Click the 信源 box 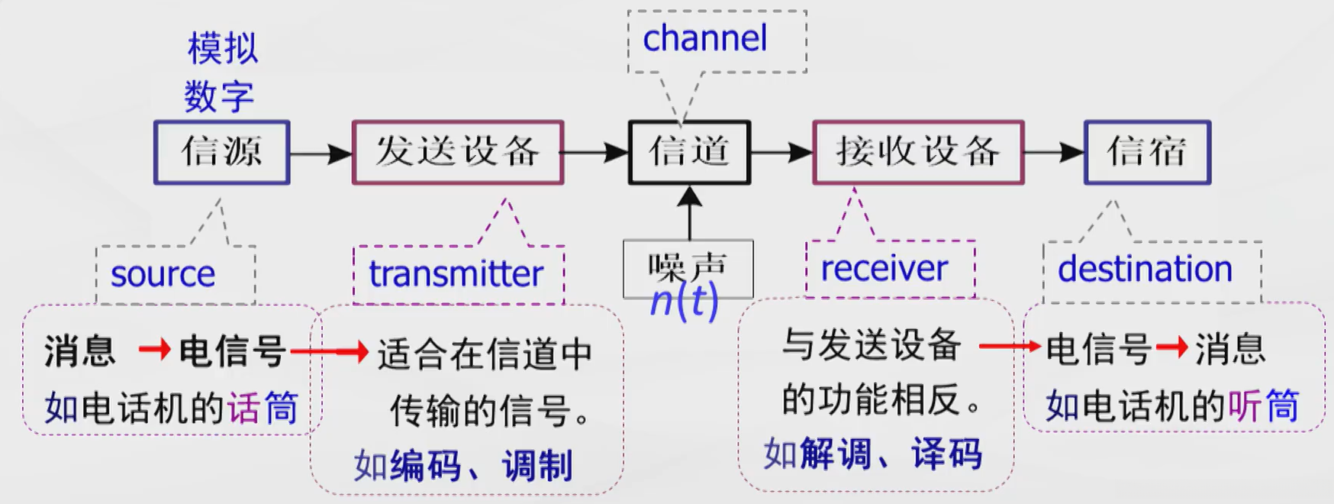click(x=221, y=152)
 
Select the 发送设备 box click(x=457, y=152)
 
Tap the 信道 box click(x=689, y=152)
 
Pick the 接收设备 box click(x=918, y=152)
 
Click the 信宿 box click(x=1147, y=152)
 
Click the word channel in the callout click(x=704, y=39)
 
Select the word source click(x=163, y=274)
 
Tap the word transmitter click(x=456, y=273)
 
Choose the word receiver click(x=884, y=268)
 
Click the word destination click(x=1145, y=269)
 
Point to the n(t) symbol click(x=684, y=302)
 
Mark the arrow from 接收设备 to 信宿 click(x=1054, y=153)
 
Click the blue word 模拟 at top click(x=223, y=49)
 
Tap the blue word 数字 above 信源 click(x=218, y=97)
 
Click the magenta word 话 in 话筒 click(x=243, y=408)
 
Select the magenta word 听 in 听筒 click(x=1245, y=405)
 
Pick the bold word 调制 click(x=536, y=465)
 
